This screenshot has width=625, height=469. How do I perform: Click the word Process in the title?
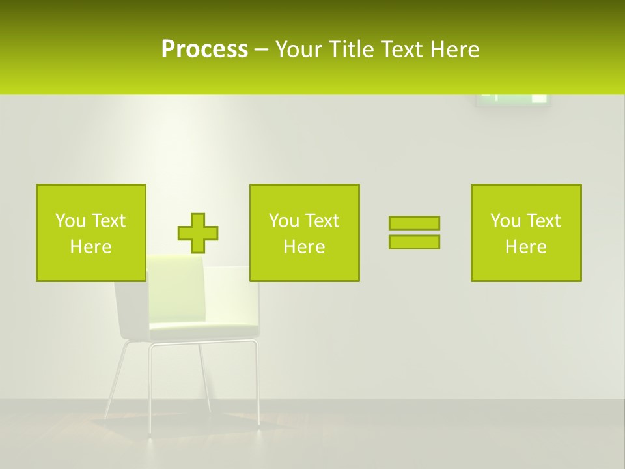(x=204, y=50)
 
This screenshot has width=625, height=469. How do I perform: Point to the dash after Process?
(x=261, y=50)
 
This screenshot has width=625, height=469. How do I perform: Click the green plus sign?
(x=198, y=233)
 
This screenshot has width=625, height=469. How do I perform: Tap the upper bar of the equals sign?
(x=414, y=223)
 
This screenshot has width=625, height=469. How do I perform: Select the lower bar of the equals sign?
(x=414, y=242)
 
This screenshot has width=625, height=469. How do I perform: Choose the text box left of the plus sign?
(x=91, y=233)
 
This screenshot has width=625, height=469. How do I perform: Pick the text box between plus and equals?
(x=304, y=233)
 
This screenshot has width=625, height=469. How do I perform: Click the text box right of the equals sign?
(x=526, y=233)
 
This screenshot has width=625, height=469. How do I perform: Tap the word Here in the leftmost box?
(x=90, y=247)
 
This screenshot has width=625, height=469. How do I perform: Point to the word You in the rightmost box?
(x=505, y=221)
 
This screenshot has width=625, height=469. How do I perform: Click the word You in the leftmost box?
(x=70, y=221)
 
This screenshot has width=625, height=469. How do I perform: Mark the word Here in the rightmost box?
(x=525, y=247)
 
